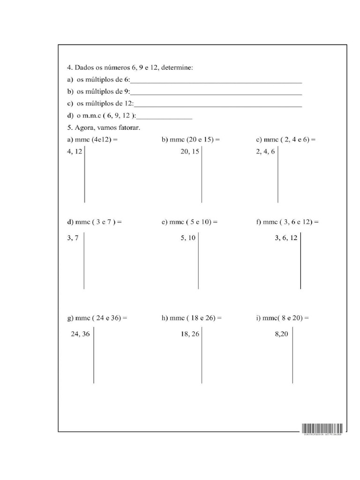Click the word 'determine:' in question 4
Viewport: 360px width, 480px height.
[177, 67]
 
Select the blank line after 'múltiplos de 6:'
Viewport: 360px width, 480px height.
[216, 82]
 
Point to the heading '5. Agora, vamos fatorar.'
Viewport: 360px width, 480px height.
[104, 127]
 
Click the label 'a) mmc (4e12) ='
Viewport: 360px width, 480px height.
[92, 140]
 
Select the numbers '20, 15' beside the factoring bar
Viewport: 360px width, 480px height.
[189, 151]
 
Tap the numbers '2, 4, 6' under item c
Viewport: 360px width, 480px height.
[265, 151]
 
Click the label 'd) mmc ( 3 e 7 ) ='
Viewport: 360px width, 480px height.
[95, 222]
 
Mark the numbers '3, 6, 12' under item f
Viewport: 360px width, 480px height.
[286, 238]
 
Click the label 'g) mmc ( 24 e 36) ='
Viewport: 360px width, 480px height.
[97, 318]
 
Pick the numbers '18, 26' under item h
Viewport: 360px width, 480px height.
[189, 334]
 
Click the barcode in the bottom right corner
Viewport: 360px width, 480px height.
[322, 428]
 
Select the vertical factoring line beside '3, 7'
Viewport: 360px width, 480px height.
[84, 261]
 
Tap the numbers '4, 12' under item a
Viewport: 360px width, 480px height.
[75, 151]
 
